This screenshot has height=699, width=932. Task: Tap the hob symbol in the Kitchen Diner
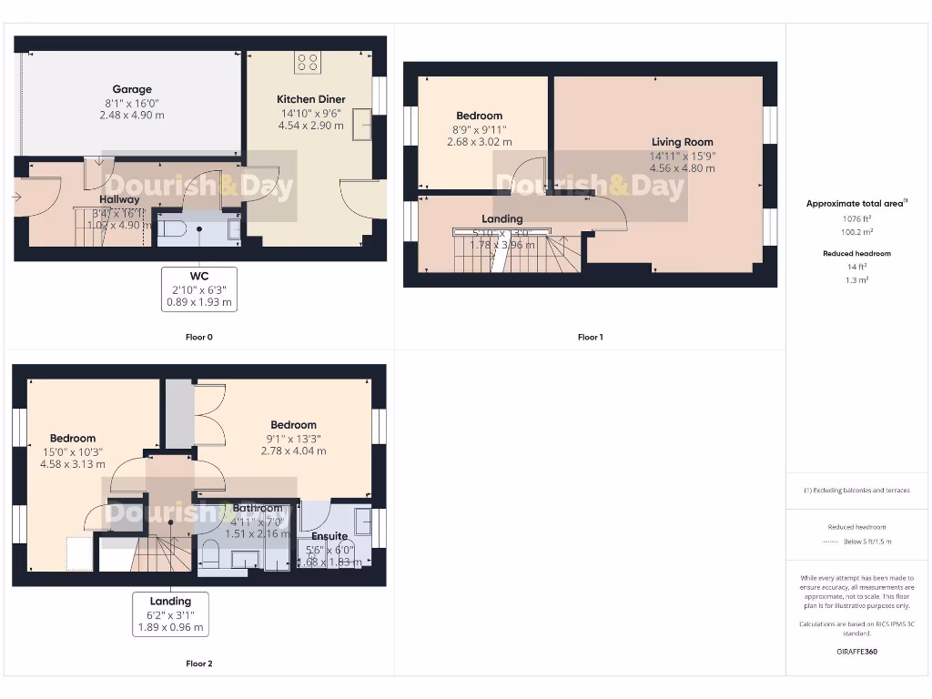[308, 63]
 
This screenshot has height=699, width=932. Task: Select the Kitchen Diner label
[310, 99]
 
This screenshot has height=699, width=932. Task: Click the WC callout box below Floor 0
[199, 289]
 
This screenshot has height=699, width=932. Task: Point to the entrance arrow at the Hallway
[17, 196]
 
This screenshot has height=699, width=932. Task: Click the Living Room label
[682, 142]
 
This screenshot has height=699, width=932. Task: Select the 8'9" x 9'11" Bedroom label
[479, 116]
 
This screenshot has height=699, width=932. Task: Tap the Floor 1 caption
[590, 337]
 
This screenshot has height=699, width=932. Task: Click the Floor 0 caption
[198, 337]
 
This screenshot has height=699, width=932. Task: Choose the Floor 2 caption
[198, 664]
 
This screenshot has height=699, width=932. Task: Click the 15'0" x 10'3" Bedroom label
[73, 439]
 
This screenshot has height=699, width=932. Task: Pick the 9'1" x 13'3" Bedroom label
[293, 425]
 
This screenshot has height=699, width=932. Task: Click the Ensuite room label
[329, 537]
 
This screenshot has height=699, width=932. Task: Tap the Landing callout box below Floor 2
[170, 614]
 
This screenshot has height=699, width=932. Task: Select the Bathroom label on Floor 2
[258, 509]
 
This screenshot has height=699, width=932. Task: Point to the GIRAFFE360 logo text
[856, 652]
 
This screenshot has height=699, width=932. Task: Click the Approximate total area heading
[856, 204]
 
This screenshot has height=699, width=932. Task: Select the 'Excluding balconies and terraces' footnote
[856, 491]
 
